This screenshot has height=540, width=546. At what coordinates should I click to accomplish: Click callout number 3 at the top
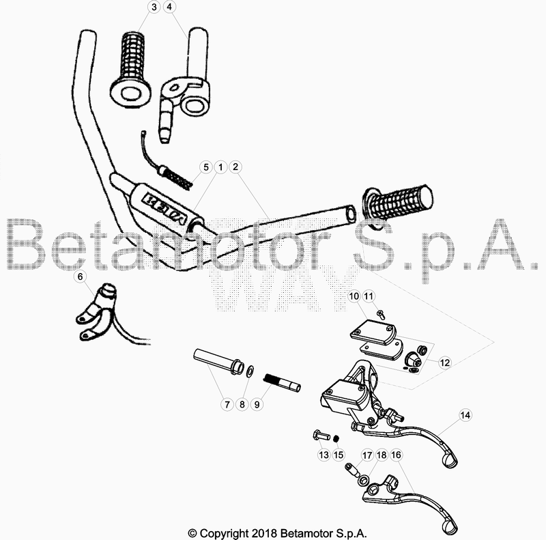tap(153, 7)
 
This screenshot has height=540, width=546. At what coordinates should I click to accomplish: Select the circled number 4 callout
tap(169, 7)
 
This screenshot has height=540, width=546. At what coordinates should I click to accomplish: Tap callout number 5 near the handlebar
tap(204, 167)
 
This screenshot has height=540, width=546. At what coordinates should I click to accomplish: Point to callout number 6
tap(80, 277)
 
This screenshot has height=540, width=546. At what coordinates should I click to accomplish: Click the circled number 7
tap(226, 404)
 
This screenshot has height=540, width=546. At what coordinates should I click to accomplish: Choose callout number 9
tap(257, 404)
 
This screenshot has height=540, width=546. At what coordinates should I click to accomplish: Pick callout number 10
tap(354, 296)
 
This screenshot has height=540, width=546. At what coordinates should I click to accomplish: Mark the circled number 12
tap(444, 363)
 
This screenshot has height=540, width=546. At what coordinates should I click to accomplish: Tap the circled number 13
tap(323, 455)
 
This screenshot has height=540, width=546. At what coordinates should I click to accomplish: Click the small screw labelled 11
tap(381, 314)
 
